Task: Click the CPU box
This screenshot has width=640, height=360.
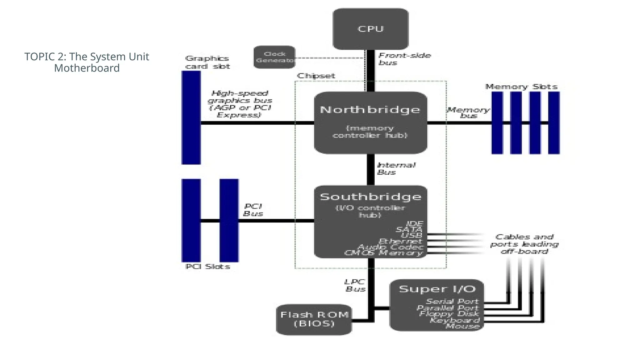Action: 371,29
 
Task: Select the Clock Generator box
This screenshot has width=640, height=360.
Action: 274,57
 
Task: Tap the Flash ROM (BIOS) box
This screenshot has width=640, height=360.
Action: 314,319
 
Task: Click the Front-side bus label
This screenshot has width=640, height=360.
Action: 404,59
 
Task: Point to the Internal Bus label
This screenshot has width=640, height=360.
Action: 396,168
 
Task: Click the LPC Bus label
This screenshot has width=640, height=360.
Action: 355,285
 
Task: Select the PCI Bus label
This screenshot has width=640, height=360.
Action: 253,210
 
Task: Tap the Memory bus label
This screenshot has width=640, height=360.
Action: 468,112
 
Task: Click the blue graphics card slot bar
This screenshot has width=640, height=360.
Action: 191,117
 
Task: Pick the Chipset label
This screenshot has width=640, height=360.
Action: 316,76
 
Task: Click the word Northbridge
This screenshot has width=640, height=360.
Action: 370,110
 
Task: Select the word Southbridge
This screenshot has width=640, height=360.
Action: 370,197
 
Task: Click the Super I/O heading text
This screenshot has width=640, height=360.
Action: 437,289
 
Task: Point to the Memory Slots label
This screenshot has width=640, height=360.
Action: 521,87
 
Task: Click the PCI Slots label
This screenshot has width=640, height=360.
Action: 208,267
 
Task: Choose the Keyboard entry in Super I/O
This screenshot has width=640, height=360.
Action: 454,320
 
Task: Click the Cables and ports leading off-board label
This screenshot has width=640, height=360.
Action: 524,244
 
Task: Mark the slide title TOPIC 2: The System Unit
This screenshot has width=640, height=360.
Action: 87,57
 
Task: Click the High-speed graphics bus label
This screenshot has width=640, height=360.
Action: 240,104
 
